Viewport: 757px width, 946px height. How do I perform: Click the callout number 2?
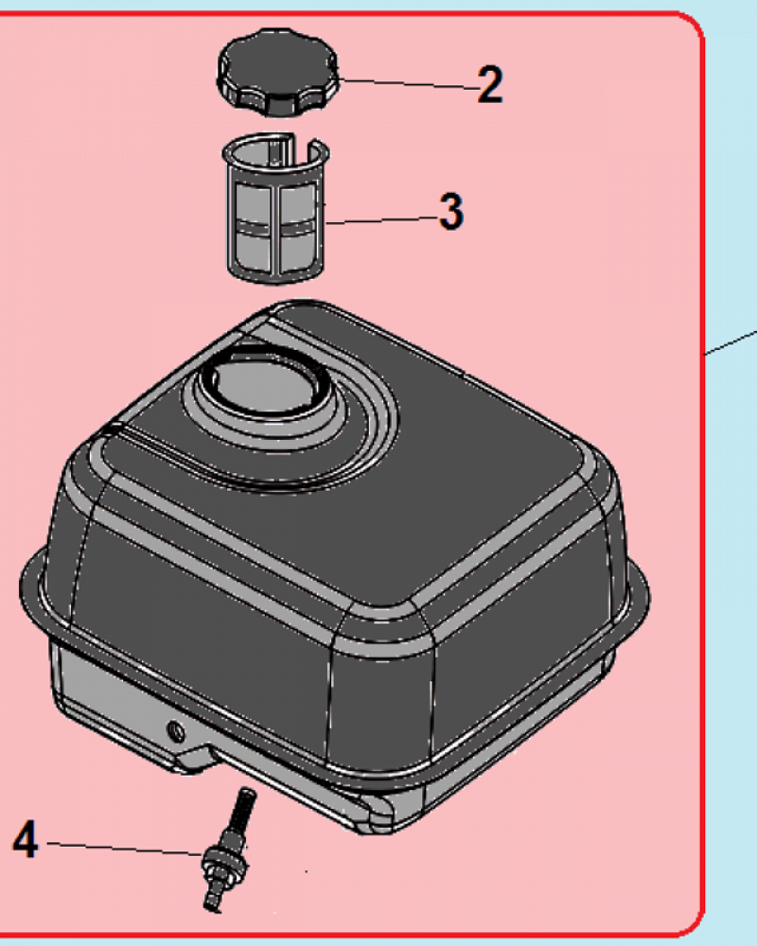(x=489, y=84)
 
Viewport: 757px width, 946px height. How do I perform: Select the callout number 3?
(x=452, y=211)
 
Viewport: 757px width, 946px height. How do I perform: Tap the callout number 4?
(x=26, y=840)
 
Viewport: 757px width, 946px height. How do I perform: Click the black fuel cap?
(x=277, y=71)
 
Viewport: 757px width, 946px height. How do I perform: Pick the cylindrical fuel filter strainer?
(x=277, y=208)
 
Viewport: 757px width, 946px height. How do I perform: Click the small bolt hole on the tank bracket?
(x=176, y=732)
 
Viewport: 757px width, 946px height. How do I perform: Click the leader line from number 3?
(x=382, y=220)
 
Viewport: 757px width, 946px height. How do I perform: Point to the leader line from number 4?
(x=125, y=849)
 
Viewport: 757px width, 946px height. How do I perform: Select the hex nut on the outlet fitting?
(x=224, y=865)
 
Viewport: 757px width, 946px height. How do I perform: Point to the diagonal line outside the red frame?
(x=731, y=342)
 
